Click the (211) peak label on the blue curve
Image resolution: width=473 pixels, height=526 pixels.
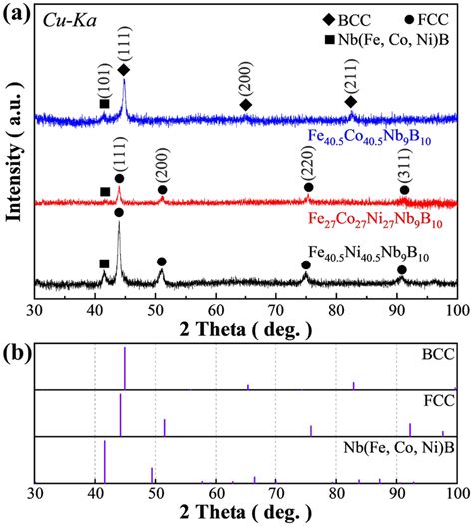[x=350, y=79]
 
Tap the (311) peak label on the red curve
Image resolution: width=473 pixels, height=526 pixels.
[x=404, y=166]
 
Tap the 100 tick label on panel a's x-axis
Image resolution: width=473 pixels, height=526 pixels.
[x=456, y=309]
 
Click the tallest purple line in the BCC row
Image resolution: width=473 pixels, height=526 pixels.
[x=125, y=368]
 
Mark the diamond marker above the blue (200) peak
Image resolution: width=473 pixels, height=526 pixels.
[x=246, y=105]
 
